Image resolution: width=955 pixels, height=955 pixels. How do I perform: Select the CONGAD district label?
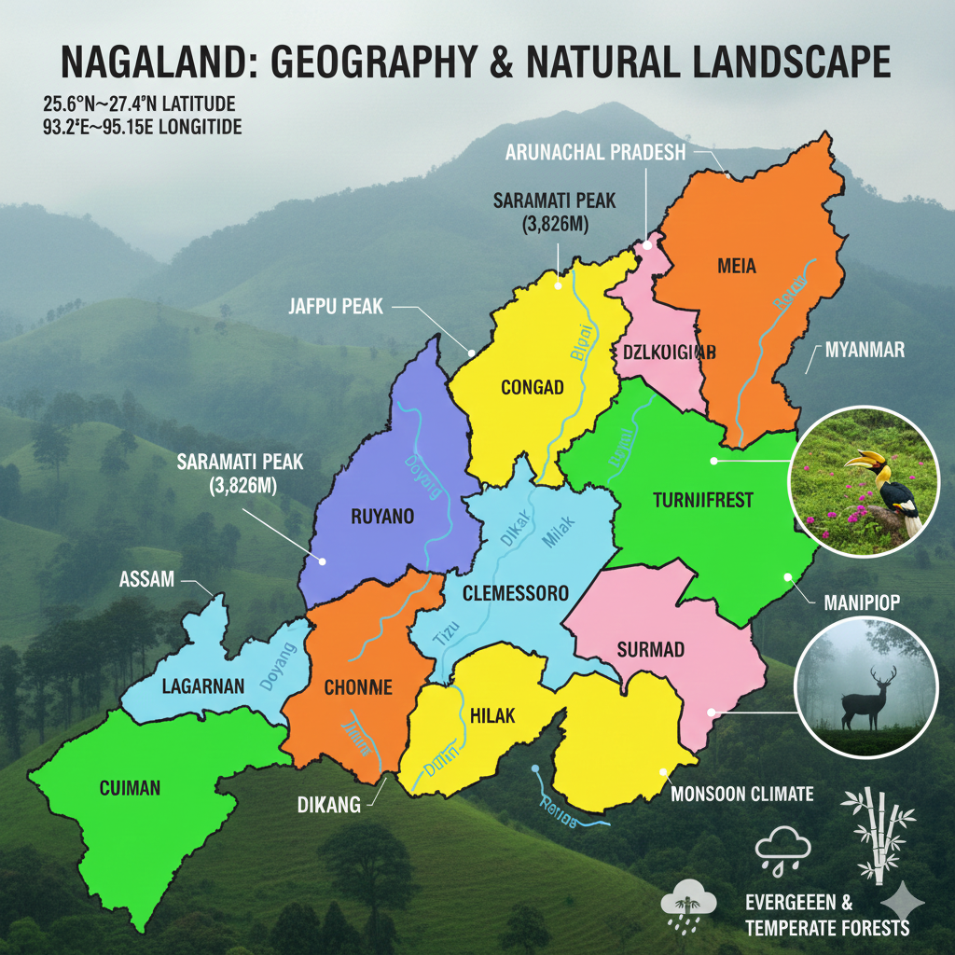[532, 387]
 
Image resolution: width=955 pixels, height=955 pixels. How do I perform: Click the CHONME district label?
[357, 688]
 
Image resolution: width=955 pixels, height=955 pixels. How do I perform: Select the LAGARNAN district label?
[202, 686]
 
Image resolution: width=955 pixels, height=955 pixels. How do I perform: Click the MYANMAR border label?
[865, 351]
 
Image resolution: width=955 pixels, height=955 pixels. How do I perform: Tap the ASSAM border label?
[147, 579]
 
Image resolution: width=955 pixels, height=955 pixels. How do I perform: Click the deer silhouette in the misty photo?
[869, 695]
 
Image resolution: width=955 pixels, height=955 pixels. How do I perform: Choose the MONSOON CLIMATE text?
[742, 795]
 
